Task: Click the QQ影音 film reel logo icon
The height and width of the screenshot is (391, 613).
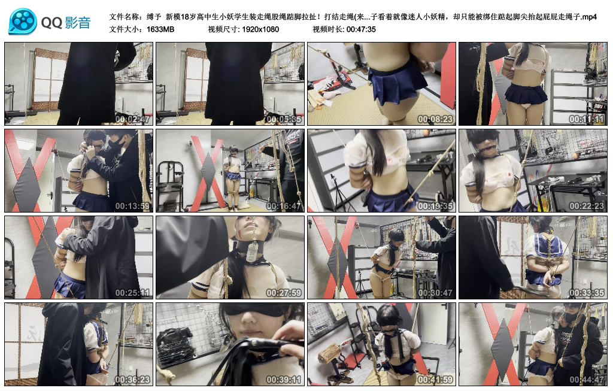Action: [23, 22]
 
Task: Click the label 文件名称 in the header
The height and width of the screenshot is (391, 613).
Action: [125, 17]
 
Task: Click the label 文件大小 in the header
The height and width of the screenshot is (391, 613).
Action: [125, 29]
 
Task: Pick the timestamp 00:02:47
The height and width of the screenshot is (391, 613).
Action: [132, 119]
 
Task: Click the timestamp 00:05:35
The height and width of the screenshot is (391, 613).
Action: [284, 119]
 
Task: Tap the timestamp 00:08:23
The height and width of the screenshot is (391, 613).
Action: [435, 119]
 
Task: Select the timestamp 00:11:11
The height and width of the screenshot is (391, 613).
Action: [587, 119]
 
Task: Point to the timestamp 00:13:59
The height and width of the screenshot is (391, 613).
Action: [132, 206]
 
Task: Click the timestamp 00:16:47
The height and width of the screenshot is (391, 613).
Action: [284, 206]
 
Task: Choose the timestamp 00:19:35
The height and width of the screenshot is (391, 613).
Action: [435, 206]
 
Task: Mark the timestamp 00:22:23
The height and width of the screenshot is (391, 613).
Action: [587, 206]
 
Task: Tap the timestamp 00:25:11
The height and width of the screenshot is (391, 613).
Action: [132, 293]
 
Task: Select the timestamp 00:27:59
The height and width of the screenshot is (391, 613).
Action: [284, 293]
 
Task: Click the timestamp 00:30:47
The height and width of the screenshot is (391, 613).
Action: [435, 293]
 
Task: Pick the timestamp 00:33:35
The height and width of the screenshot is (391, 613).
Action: [587, 293]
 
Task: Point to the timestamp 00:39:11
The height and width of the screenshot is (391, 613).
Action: [284, 380]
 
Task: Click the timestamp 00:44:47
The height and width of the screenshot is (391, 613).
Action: [587, 380]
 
